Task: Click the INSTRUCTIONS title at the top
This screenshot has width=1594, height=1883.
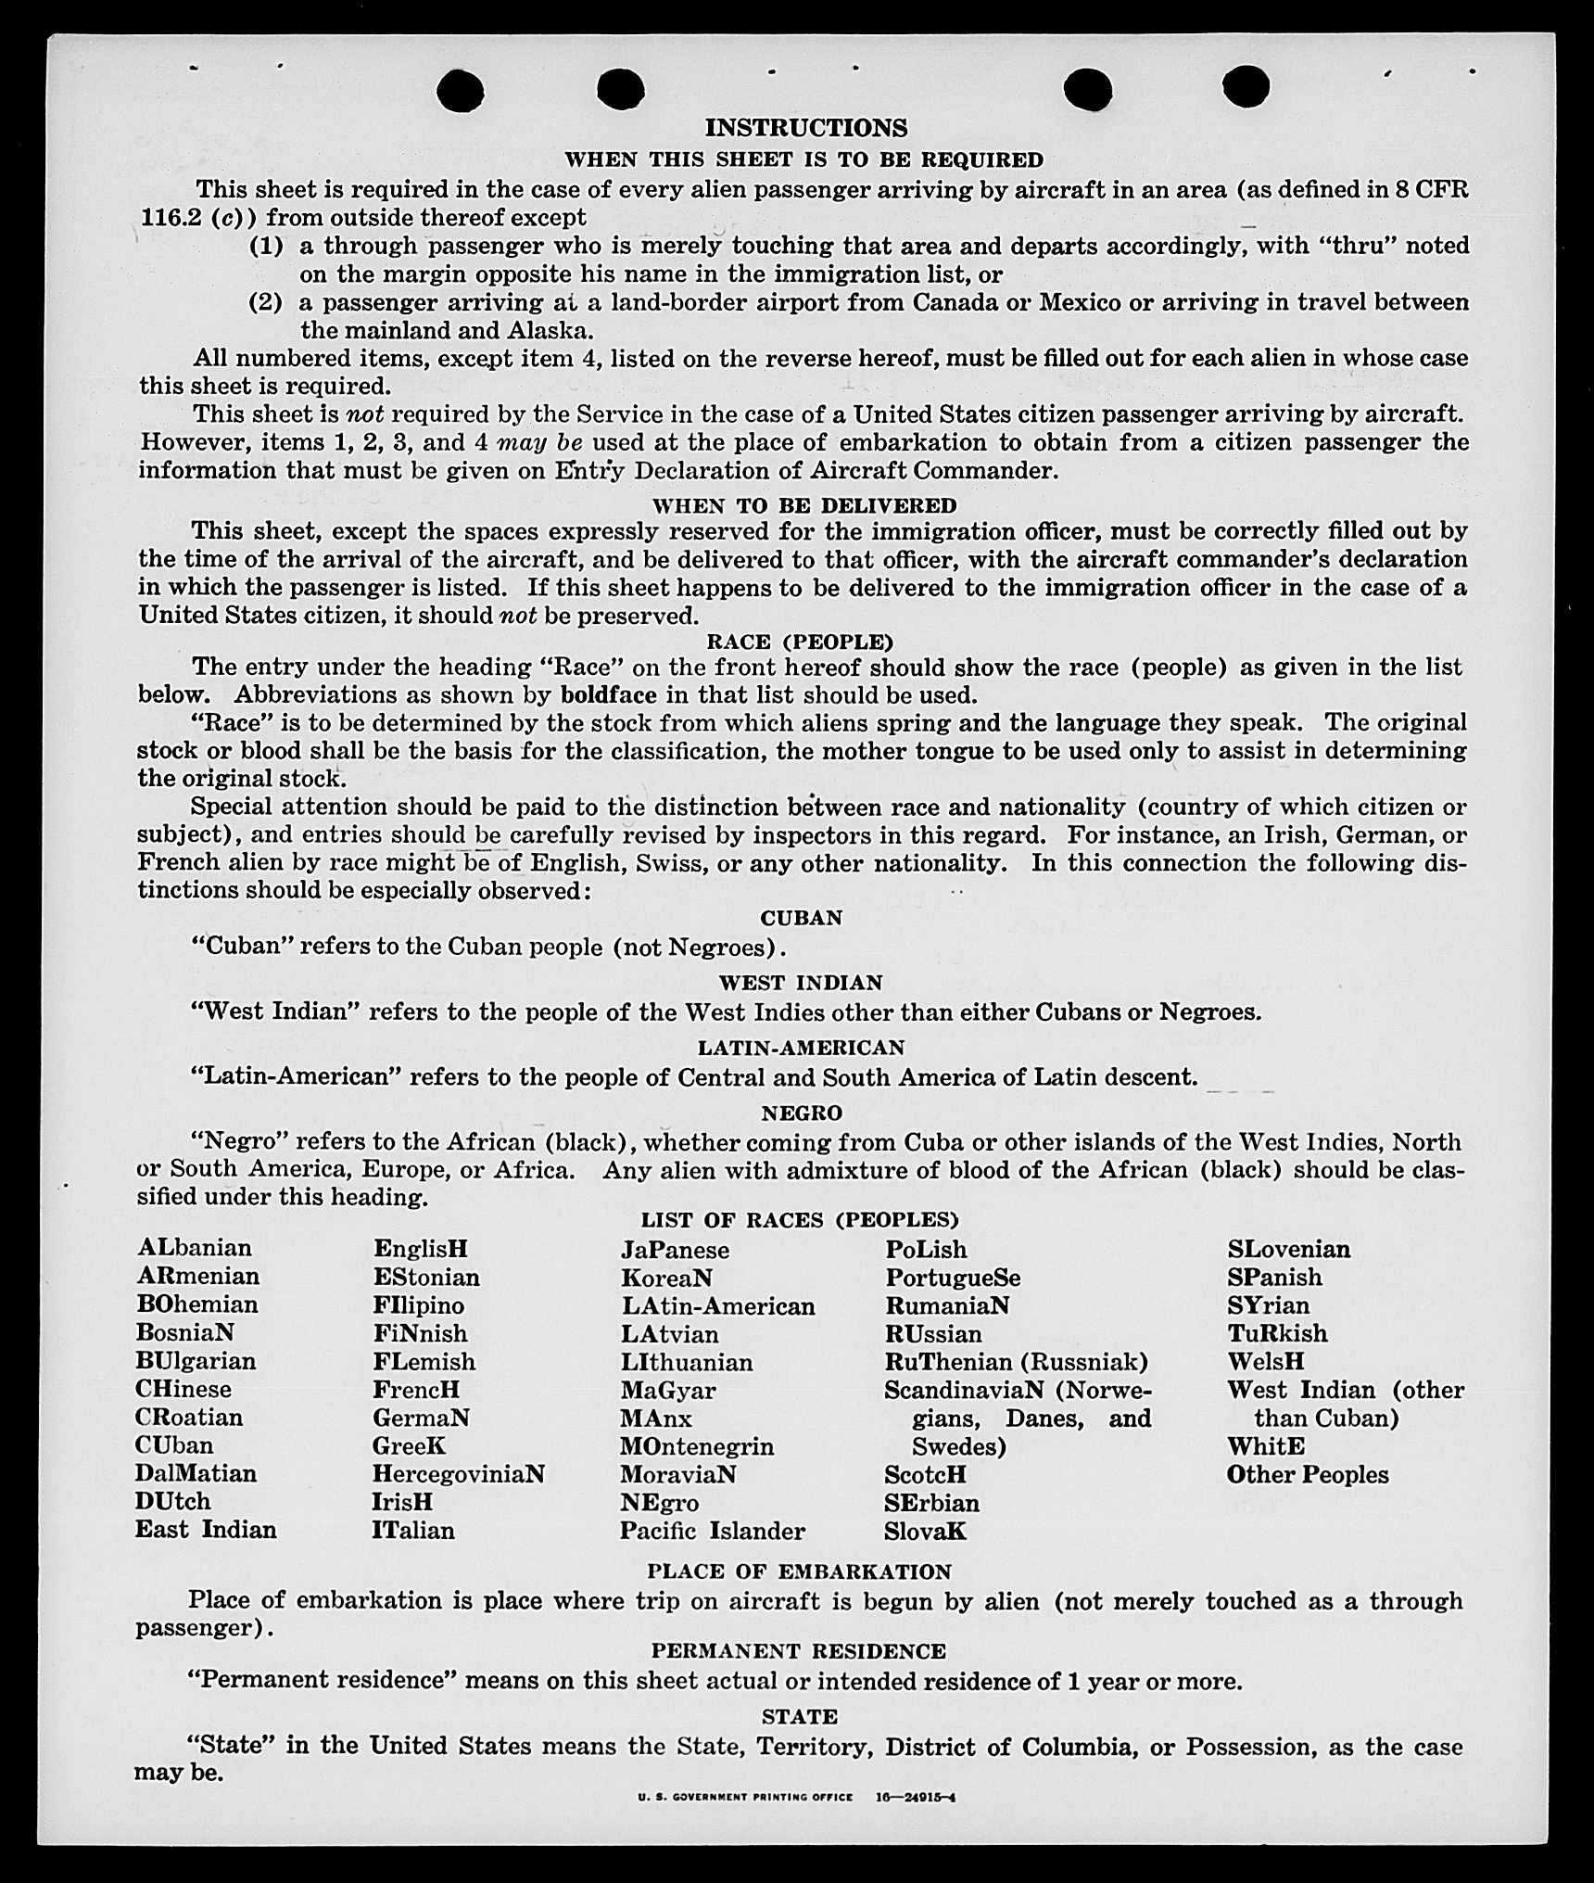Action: pyautogui.click(x=805, y=127)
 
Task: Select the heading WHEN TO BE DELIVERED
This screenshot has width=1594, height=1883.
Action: pyautogui.click(x=804, y=505)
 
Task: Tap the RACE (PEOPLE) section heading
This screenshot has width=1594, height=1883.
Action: pyautogui.click(x=800, y=642)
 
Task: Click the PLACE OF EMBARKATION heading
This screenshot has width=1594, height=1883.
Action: pyautogui.click(x=799, y=1571)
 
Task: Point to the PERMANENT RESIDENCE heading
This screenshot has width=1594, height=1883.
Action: pyautogui.click(x=798, y=1651)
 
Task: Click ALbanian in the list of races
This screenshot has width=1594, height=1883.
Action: pyautogui.click(x=195, y=1248)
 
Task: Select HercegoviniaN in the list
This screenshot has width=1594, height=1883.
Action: pyautogui.click(x=458, y=1474)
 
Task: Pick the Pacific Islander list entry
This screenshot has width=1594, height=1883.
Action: pyautogui.click(x=712, y=1531)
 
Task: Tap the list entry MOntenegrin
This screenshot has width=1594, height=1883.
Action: pyautogui.click(x=697, y=1446)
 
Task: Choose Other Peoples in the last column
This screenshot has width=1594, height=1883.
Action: pyautogui.click(x=1308, y=1475)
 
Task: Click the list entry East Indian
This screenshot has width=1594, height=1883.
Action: pyautogui.click(x=206, y=1530)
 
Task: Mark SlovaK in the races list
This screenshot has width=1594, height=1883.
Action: pyautogui.click(x=925, y=1532)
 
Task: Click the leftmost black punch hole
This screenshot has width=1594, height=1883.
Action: pyautogui.click(x=461, y=91)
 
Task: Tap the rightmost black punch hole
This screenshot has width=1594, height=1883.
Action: pyautogui.click(x=1246, y=86)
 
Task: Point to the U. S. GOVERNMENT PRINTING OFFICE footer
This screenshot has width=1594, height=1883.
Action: pyautogui.click(x=745, y=1796)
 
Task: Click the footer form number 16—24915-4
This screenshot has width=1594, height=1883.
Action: pyautogui.click(x=916, y=1796)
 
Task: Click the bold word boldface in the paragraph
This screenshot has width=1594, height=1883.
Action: pyautogui.click(x=609, y=694)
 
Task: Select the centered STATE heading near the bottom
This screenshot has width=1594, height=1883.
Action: pyautogui.click(x=799, y=1717)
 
